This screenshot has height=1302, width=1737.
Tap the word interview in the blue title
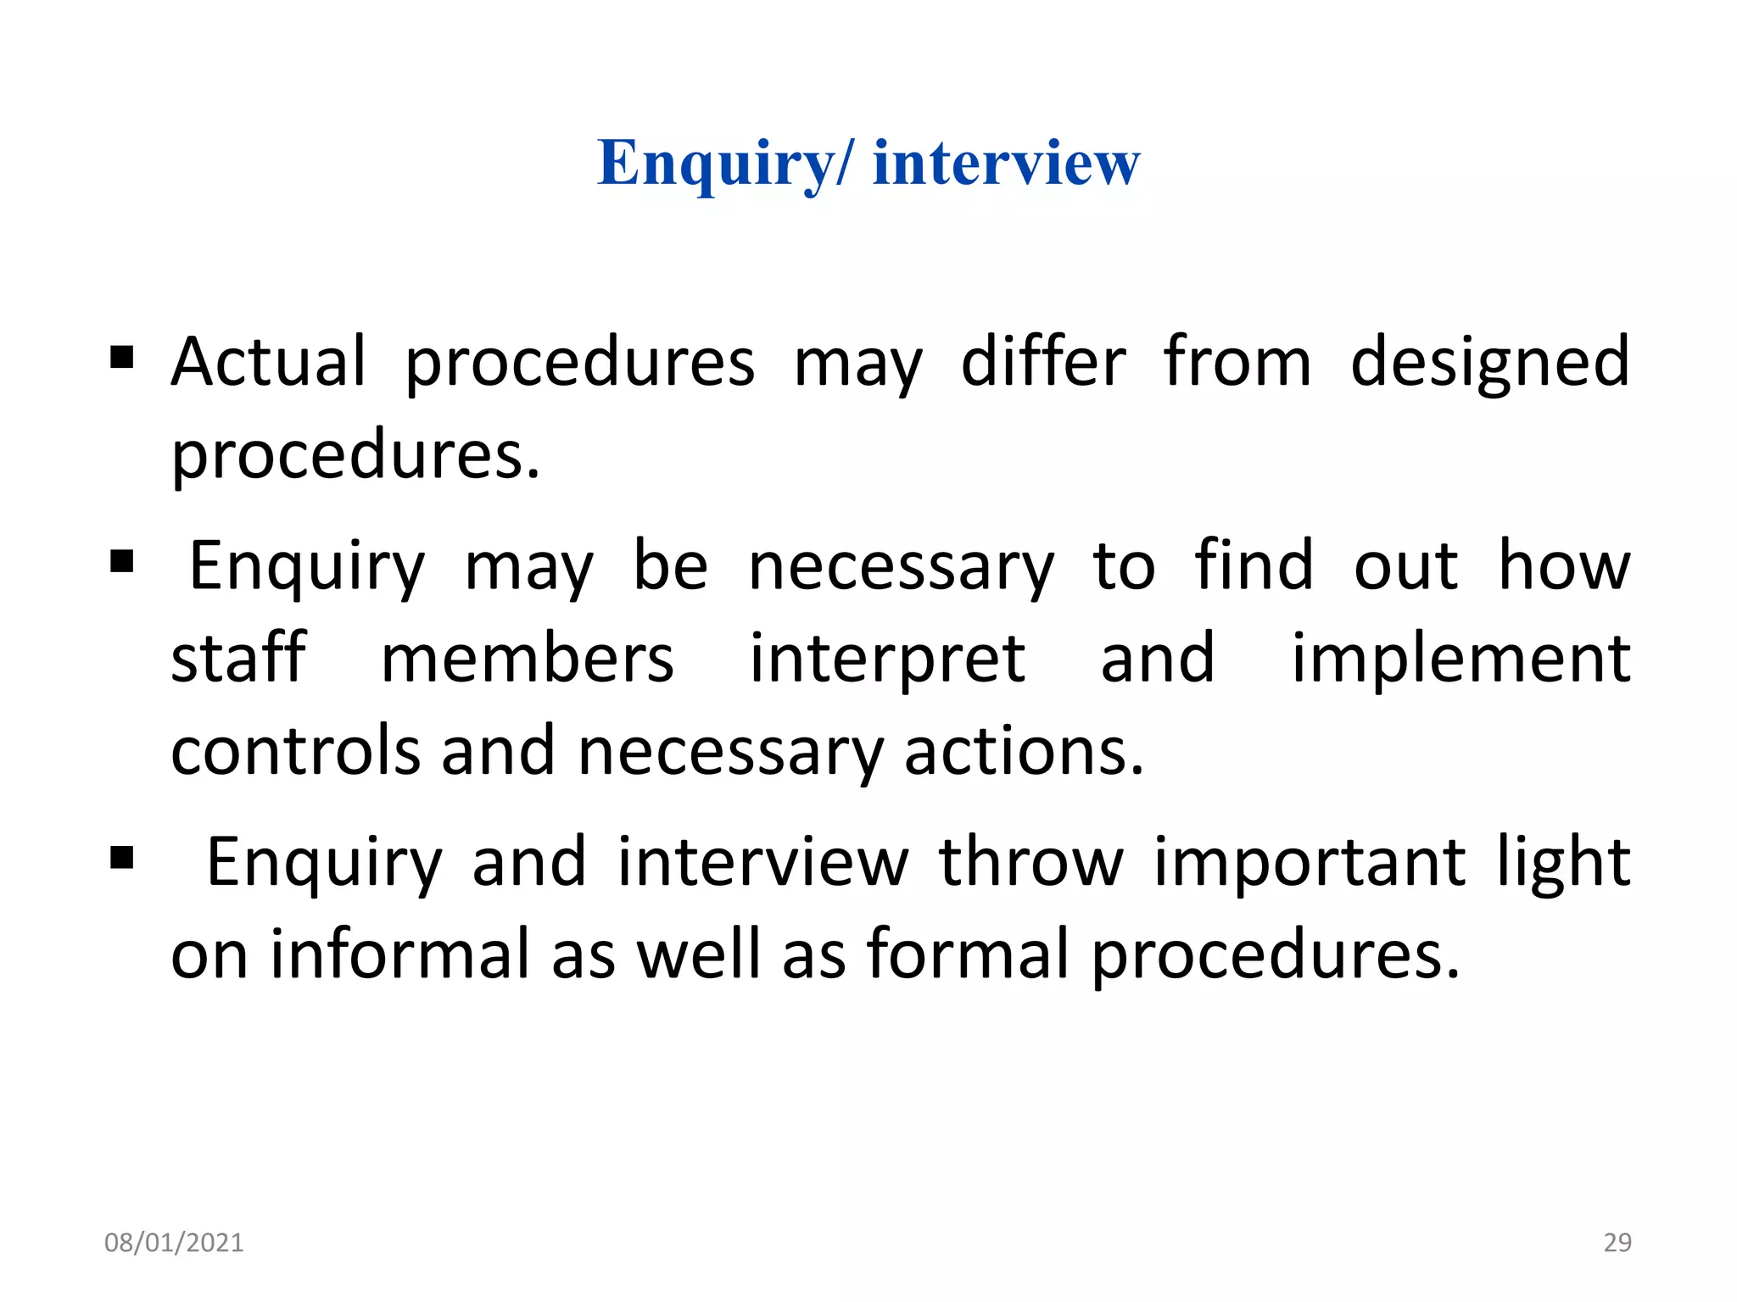[1006, 163]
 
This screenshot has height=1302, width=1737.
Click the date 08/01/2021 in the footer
[174, 1243]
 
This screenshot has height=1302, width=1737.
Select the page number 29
[1617, 1243]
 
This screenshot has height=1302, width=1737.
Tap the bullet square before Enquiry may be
[122, 561]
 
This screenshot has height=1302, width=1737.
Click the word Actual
[268, 362]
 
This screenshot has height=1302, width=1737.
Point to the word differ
[1043, 362]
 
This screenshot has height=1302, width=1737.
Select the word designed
[1489, 362]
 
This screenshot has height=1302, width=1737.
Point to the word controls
[296, 751]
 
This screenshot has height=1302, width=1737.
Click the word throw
[1030, 862]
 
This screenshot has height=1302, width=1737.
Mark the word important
[1309, 862]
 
